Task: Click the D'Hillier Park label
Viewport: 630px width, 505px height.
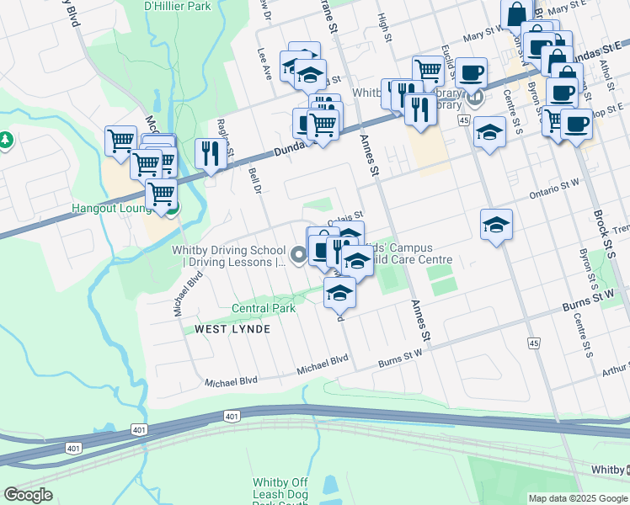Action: tap(177, 6)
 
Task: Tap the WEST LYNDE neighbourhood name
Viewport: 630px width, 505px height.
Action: tap(232, 329)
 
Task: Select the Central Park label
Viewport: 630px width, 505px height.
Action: tap(264, 309)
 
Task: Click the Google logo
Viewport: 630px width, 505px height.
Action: tap(28, 496)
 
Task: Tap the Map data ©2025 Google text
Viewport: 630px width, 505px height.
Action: tap(579, 498)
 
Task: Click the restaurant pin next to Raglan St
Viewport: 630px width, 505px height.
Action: tap(208, 153)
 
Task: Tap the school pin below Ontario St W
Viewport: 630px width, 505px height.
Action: tap(496, 225)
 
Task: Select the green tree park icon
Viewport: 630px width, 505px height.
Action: tap(6, 139)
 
